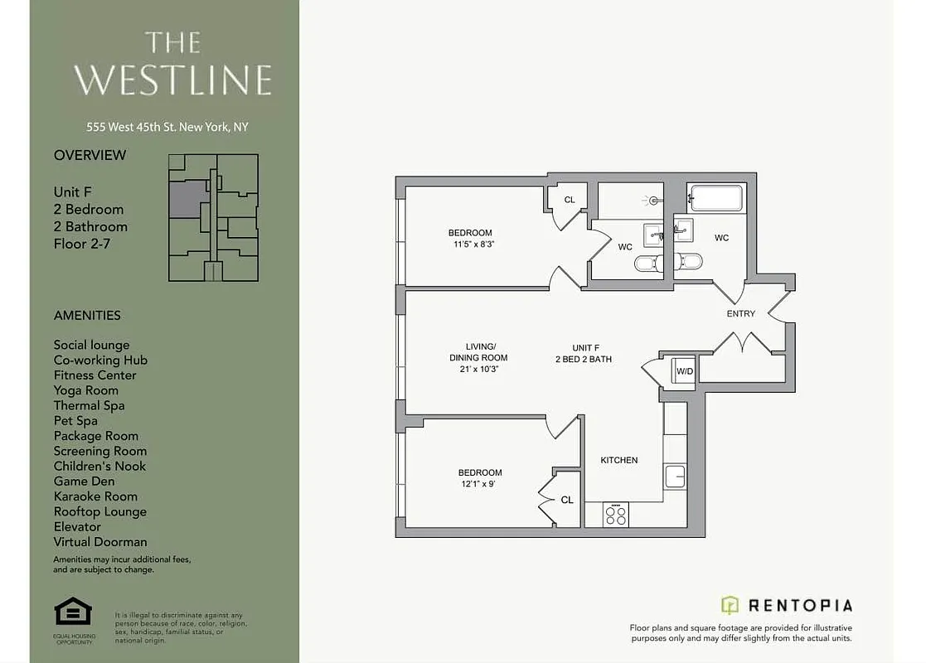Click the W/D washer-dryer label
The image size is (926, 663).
(x=684, y=371)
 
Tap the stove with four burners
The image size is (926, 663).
(x=616, y=515)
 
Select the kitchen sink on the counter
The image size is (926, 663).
(x=675, y=477)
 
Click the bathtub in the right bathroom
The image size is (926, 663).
(x=717, y=199)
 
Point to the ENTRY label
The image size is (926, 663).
(x=740, y=314)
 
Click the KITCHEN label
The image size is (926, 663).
(x=619, y=460)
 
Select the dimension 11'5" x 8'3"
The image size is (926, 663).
(x=470, y=244)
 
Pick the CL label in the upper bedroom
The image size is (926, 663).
(x=570, y=200)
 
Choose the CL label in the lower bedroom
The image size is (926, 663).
(x=567, y=500)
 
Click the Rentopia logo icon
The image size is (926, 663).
(x=730, y=605)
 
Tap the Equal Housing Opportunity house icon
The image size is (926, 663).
(x=73, y=613)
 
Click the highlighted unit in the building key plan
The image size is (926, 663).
(x=188, y=200)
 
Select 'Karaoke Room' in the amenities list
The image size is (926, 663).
(x=95, y=496)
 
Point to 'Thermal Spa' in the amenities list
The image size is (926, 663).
(x=89, y=405)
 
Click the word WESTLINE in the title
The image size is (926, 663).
(x=172, y=80)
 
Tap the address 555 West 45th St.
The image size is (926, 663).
(x=167, y=128)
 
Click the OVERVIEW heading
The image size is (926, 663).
(x=90, y=155)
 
